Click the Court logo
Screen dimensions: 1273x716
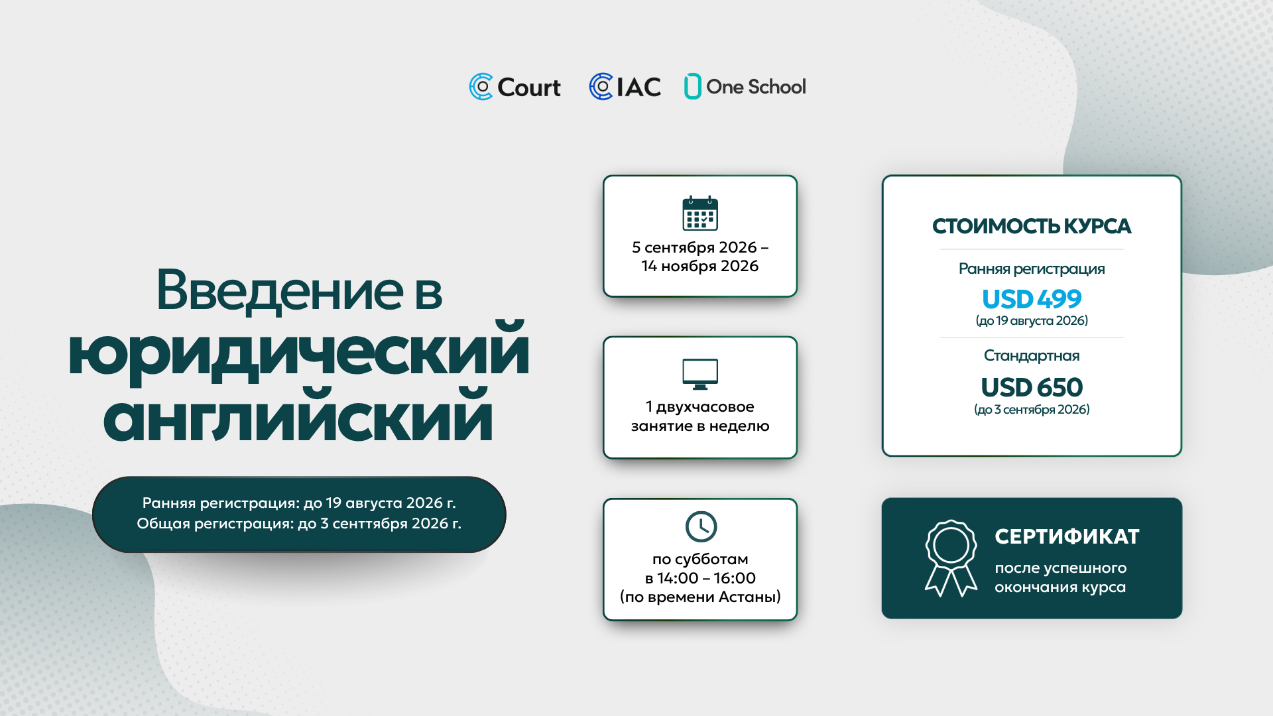pyautogui.click(x=515, y=87)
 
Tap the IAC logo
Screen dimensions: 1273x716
pyautogui.click(x=625, y=87)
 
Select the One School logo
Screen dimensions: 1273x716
pyautogui.click(x=745, y=86)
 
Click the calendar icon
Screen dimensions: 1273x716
pyautogui.click(x=700, y=213)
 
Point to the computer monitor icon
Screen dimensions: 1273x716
pyautogui.click(x=700, y=374)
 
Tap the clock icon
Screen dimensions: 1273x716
pyautogui.click(x=701, y=526)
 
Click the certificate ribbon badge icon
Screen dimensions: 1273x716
pyautogui.click(x=951, y=558)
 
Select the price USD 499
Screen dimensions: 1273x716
pyautogui.click(x=1032, y=299)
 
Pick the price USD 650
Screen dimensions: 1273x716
pyautogui.click(x=1032, y=387)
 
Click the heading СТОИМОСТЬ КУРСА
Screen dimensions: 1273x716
pyautogui.click(x=1032, y=226)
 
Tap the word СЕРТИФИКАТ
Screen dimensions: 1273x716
pyautogui.click(x=1067, y=536)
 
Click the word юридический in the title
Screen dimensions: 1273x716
pyautogui.click(x=299, y=353)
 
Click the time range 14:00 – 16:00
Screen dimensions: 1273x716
pyautogui.click(x=706, y=578)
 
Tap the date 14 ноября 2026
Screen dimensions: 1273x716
pyautogui.click(x=700, y=266)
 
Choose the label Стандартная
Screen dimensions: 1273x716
pyautogui.click(x=1032, y=356)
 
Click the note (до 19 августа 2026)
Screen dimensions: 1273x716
pyautogui.click(x=1032, y=321)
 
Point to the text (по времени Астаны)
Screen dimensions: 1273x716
pyautogui.click(x=700, y=597)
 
